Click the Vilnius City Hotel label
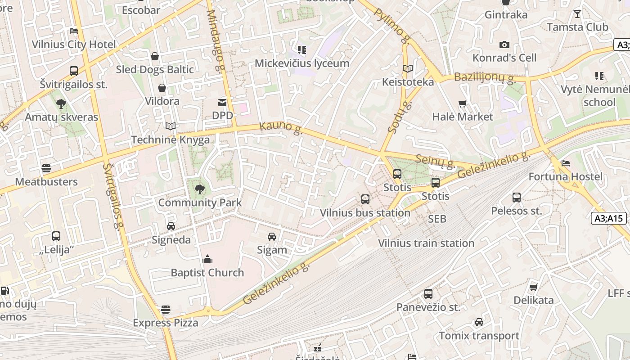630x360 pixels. [x=74, y=45]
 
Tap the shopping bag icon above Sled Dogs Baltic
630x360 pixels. [x=155, y=56]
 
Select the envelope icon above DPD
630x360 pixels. [x=222, y=103]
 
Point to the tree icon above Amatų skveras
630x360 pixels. [x=61, y=104]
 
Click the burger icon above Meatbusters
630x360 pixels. [x=46, y=168]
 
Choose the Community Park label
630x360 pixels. [x=200, y=202]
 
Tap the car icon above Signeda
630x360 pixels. [x=171, y=226]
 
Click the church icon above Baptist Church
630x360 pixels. [x=207, y=259]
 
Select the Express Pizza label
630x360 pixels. [x=166, y=323]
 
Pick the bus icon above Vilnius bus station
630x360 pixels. [x=365, y=199]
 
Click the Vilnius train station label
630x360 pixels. [x=426, y=243]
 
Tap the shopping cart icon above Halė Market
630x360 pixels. [x=463, y=104]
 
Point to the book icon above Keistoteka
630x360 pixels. [x=408, y=69]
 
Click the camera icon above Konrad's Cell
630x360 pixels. [x=504, y=45]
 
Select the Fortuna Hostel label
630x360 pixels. [x=565, y=176]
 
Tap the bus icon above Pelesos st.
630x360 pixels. [x=517, y=197]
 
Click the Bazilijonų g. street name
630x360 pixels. [x=484, y=77]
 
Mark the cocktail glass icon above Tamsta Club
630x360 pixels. [x=577, y=14]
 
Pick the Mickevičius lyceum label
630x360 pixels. [x=302, y=63]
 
